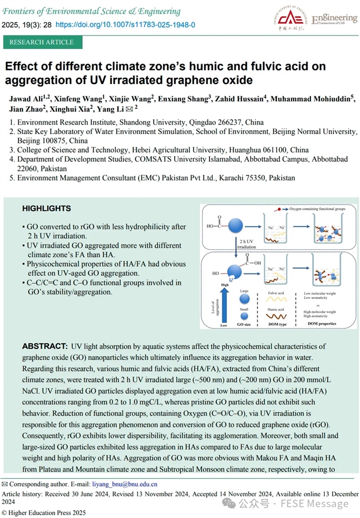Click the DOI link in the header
coord(126,25)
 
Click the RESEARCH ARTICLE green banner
coord(42,42)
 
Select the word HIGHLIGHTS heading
coord(47,209)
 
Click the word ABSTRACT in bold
coord(45,346)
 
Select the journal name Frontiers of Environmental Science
coord(93,11)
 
